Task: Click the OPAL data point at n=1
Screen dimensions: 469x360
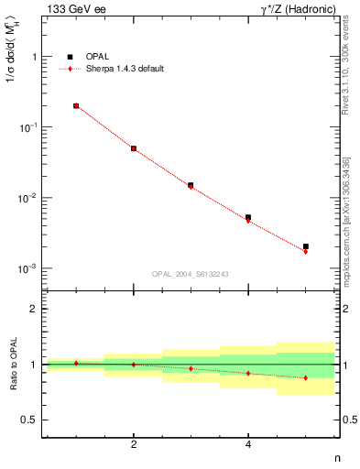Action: tap(76, 106)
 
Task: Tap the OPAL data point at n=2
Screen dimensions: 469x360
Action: tap(134, 148)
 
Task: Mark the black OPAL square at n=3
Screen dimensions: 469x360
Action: tap(191, 185)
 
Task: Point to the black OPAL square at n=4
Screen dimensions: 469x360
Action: tap(248, 217)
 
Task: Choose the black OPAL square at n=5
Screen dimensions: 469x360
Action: tap(306, 246)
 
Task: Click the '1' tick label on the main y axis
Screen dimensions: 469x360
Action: tap(34, 57)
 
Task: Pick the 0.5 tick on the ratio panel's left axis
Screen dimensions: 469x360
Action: tap(29, 420)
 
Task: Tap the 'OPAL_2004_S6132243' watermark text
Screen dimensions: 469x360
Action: tap(191, 274)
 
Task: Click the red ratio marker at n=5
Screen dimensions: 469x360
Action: tap(306, 377)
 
